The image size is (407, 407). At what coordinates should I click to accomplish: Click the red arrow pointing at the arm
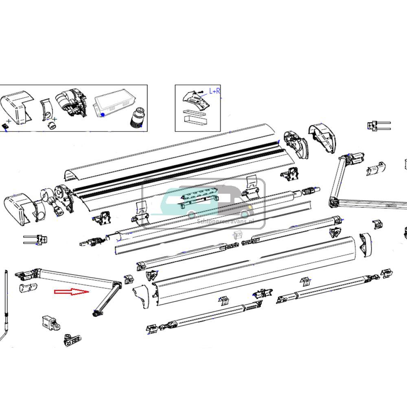pyautogui.click(x=72, y=292)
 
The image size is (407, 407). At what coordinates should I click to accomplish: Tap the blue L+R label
pyautogui.click(x=214, y=91)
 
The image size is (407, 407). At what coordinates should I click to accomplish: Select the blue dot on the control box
pyautogui.click(x=103, y=115)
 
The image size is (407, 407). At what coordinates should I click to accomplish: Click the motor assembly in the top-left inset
pyautogui.click(x=72, y=104)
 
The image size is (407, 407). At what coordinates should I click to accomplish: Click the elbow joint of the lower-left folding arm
pyautogui.click(x=117, y=285)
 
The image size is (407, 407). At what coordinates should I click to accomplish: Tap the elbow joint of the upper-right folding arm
pyautogui.click(x=334, y=200)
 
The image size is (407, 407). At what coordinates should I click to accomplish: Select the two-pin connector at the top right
pyautogui.click(x=378, y=125)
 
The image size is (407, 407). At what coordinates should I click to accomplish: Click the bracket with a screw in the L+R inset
pyautogui.click(x=196, y=100)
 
